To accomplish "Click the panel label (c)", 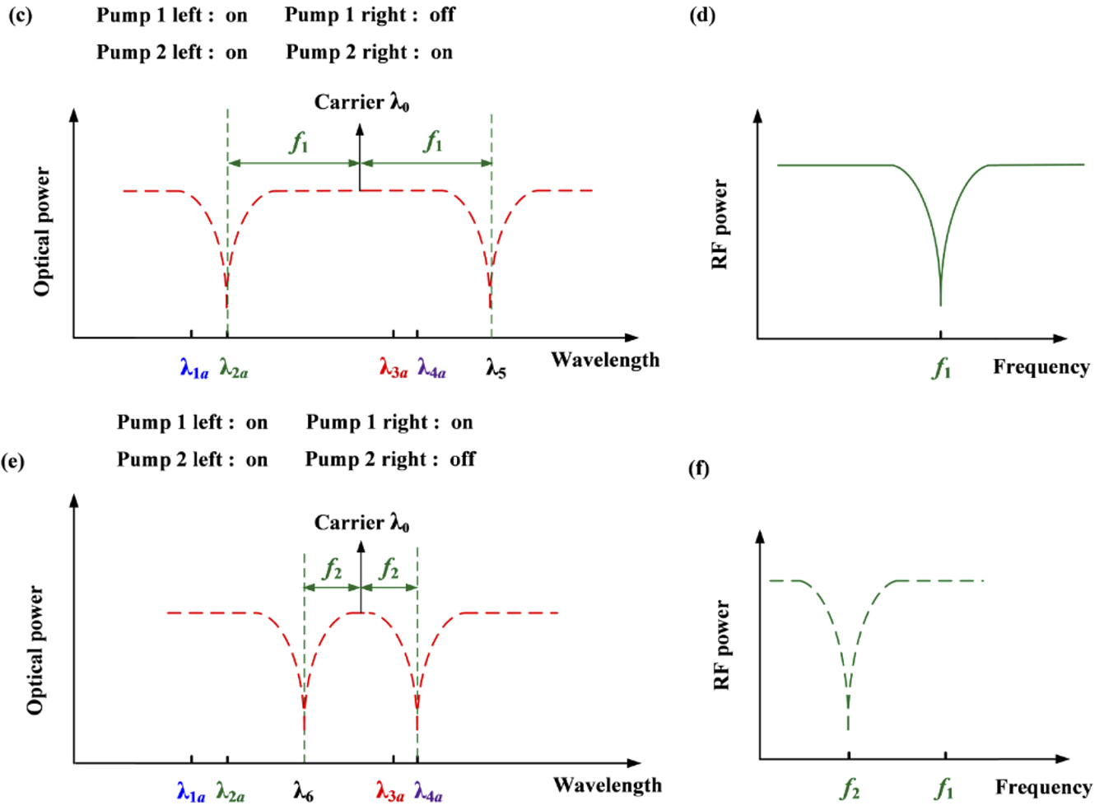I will [x=20, y=16].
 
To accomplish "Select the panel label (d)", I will [x=702, y=16].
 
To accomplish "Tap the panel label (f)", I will [x=699, y=468].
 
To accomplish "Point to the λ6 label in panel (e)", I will [x=303, y=793].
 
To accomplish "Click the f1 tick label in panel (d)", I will [x=942, y=368].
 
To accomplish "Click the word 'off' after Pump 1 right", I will [x=442, y=16].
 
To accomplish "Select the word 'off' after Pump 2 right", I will [x=463, y=459].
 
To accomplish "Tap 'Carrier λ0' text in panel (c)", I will [x=361, y=103].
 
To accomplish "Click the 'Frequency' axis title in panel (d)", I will [x=1041, y=366].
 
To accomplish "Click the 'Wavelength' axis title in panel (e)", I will [x=607, y=785].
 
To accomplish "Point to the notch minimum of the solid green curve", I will [x=940, y=303].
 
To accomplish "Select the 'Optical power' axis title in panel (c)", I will [x=42, y=231].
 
